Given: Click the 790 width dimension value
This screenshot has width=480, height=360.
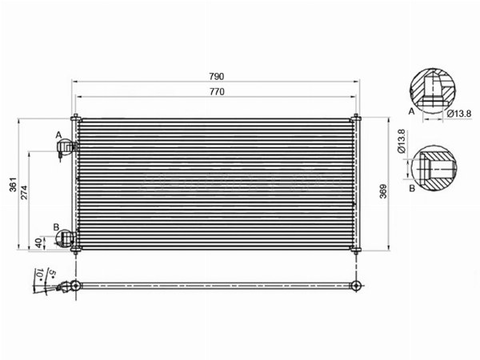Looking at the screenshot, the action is (x=217, y=76).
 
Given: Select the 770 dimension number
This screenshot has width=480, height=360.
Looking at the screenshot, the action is (x=217, y=92).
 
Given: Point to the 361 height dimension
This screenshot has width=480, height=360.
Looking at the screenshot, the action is (x=13, y=185).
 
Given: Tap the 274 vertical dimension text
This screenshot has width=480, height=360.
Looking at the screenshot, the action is (x=24, y=193).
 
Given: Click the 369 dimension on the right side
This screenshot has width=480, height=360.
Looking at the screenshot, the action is (x=383, y=191).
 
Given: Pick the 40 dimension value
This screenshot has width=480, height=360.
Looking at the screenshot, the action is (x=38, y=242).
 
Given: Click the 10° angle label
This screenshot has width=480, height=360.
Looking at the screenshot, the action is (x=39, y=274).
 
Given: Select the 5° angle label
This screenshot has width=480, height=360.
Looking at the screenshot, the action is (x=52, y=274).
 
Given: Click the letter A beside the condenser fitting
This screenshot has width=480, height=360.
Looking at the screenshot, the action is (x=58, y=134).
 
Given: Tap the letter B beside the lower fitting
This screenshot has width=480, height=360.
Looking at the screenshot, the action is (x=56, y=227).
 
